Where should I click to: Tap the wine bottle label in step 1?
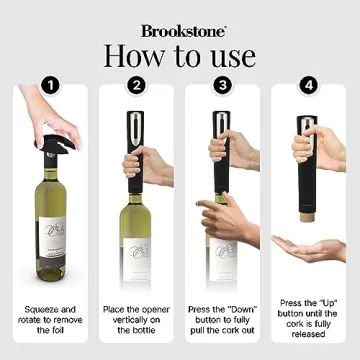(46, 245)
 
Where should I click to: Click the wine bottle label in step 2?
(135, 246)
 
